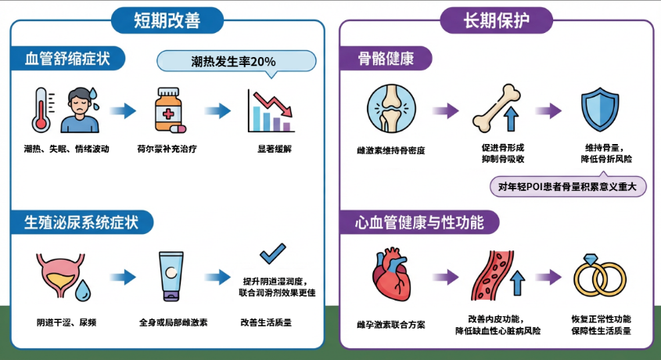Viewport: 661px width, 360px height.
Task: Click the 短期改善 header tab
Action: [x=167, y=20]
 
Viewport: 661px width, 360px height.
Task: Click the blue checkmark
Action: [x=272, y=254]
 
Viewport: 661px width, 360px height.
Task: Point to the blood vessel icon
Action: [x=494, y=278]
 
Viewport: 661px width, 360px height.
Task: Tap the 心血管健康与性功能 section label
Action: [x=421, y=221]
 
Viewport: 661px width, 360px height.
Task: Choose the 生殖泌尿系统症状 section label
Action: [x=82, y=221]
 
